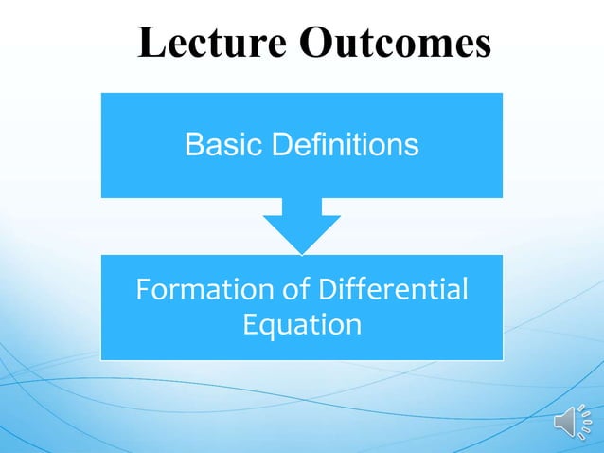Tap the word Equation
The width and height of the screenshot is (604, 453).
(302, 325)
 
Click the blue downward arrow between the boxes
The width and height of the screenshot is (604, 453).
(302, 221)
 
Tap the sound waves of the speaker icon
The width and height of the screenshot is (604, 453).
(585, 421)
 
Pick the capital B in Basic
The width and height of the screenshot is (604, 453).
(193, 145)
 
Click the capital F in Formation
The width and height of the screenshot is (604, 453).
(144, 290)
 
